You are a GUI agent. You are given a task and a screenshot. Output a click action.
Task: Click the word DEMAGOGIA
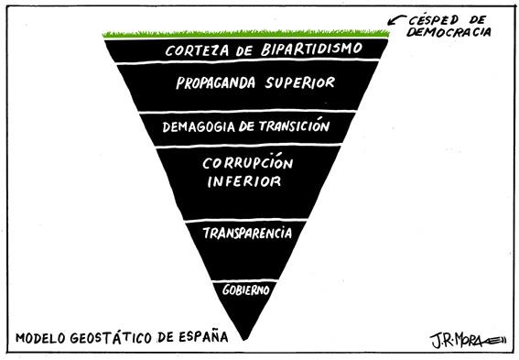(x=197, y=126)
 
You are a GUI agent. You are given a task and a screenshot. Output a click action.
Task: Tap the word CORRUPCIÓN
(x=249, y=163)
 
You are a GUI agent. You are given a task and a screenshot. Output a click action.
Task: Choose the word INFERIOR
(x=243, y=181)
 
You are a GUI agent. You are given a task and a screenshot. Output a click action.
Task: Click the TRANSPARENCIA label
(x=247, y=233)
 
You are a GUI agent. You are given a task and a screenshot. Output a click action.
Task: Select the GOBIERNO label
(x=246, y=289)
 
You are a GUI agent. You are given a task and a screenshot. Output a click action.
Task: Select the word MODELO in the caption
(x=40, y=337)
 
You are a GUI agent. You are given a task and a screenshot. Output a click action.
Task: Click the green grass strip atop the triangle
(x=246, y=35)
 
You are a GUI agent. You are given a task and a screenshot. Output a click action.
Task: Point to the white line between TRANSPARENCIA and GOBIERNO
(x=246, y=278)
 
